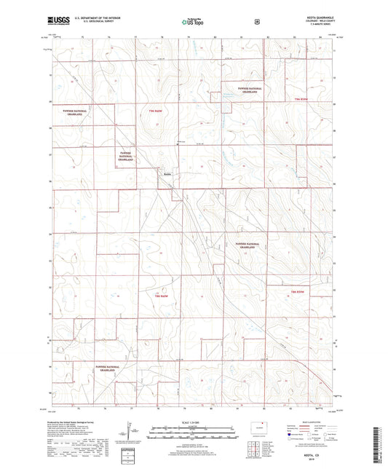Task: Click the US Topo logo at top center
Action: click(193, 23)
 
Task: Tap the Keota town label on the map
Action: click(167, 174)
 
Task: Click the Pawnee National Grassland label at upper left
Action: click(76, 114)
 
